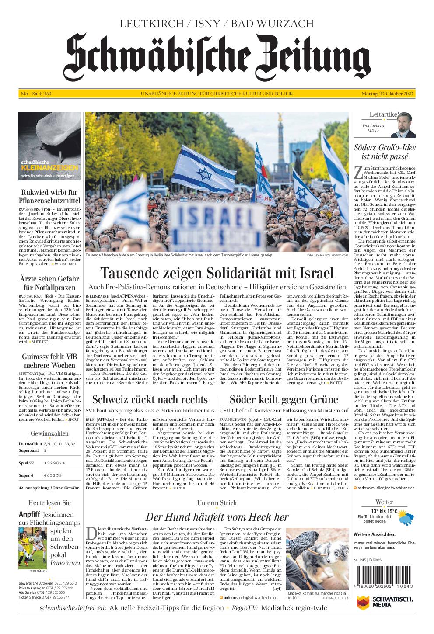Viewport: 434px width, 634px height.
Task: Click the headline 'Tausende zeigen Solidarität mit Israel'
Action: tap(217, 273)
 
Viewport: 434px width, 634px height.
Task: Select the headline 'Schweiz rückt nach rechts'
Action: tap(150, 399)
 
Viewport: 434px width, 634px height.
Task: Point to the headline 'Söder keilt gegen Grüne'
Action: tap(283, 399)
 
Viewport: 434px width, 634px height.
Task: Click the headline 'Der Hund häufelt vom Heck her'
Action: tap(217, 517)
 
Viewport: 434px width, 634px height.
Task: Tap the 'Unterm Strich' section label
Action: tap(217, 502)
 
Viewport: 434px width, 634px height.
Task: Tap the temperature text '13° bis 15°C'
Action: tap(384, 511)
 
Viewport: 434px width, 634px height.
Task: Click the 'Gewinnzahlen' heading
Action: tap(50, 433)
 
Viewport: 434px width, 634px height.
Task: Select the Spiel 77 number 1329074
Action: tap(55, 463)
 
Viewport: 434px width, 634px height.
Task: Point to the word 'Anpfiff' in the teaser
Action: tap(30, 514)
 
